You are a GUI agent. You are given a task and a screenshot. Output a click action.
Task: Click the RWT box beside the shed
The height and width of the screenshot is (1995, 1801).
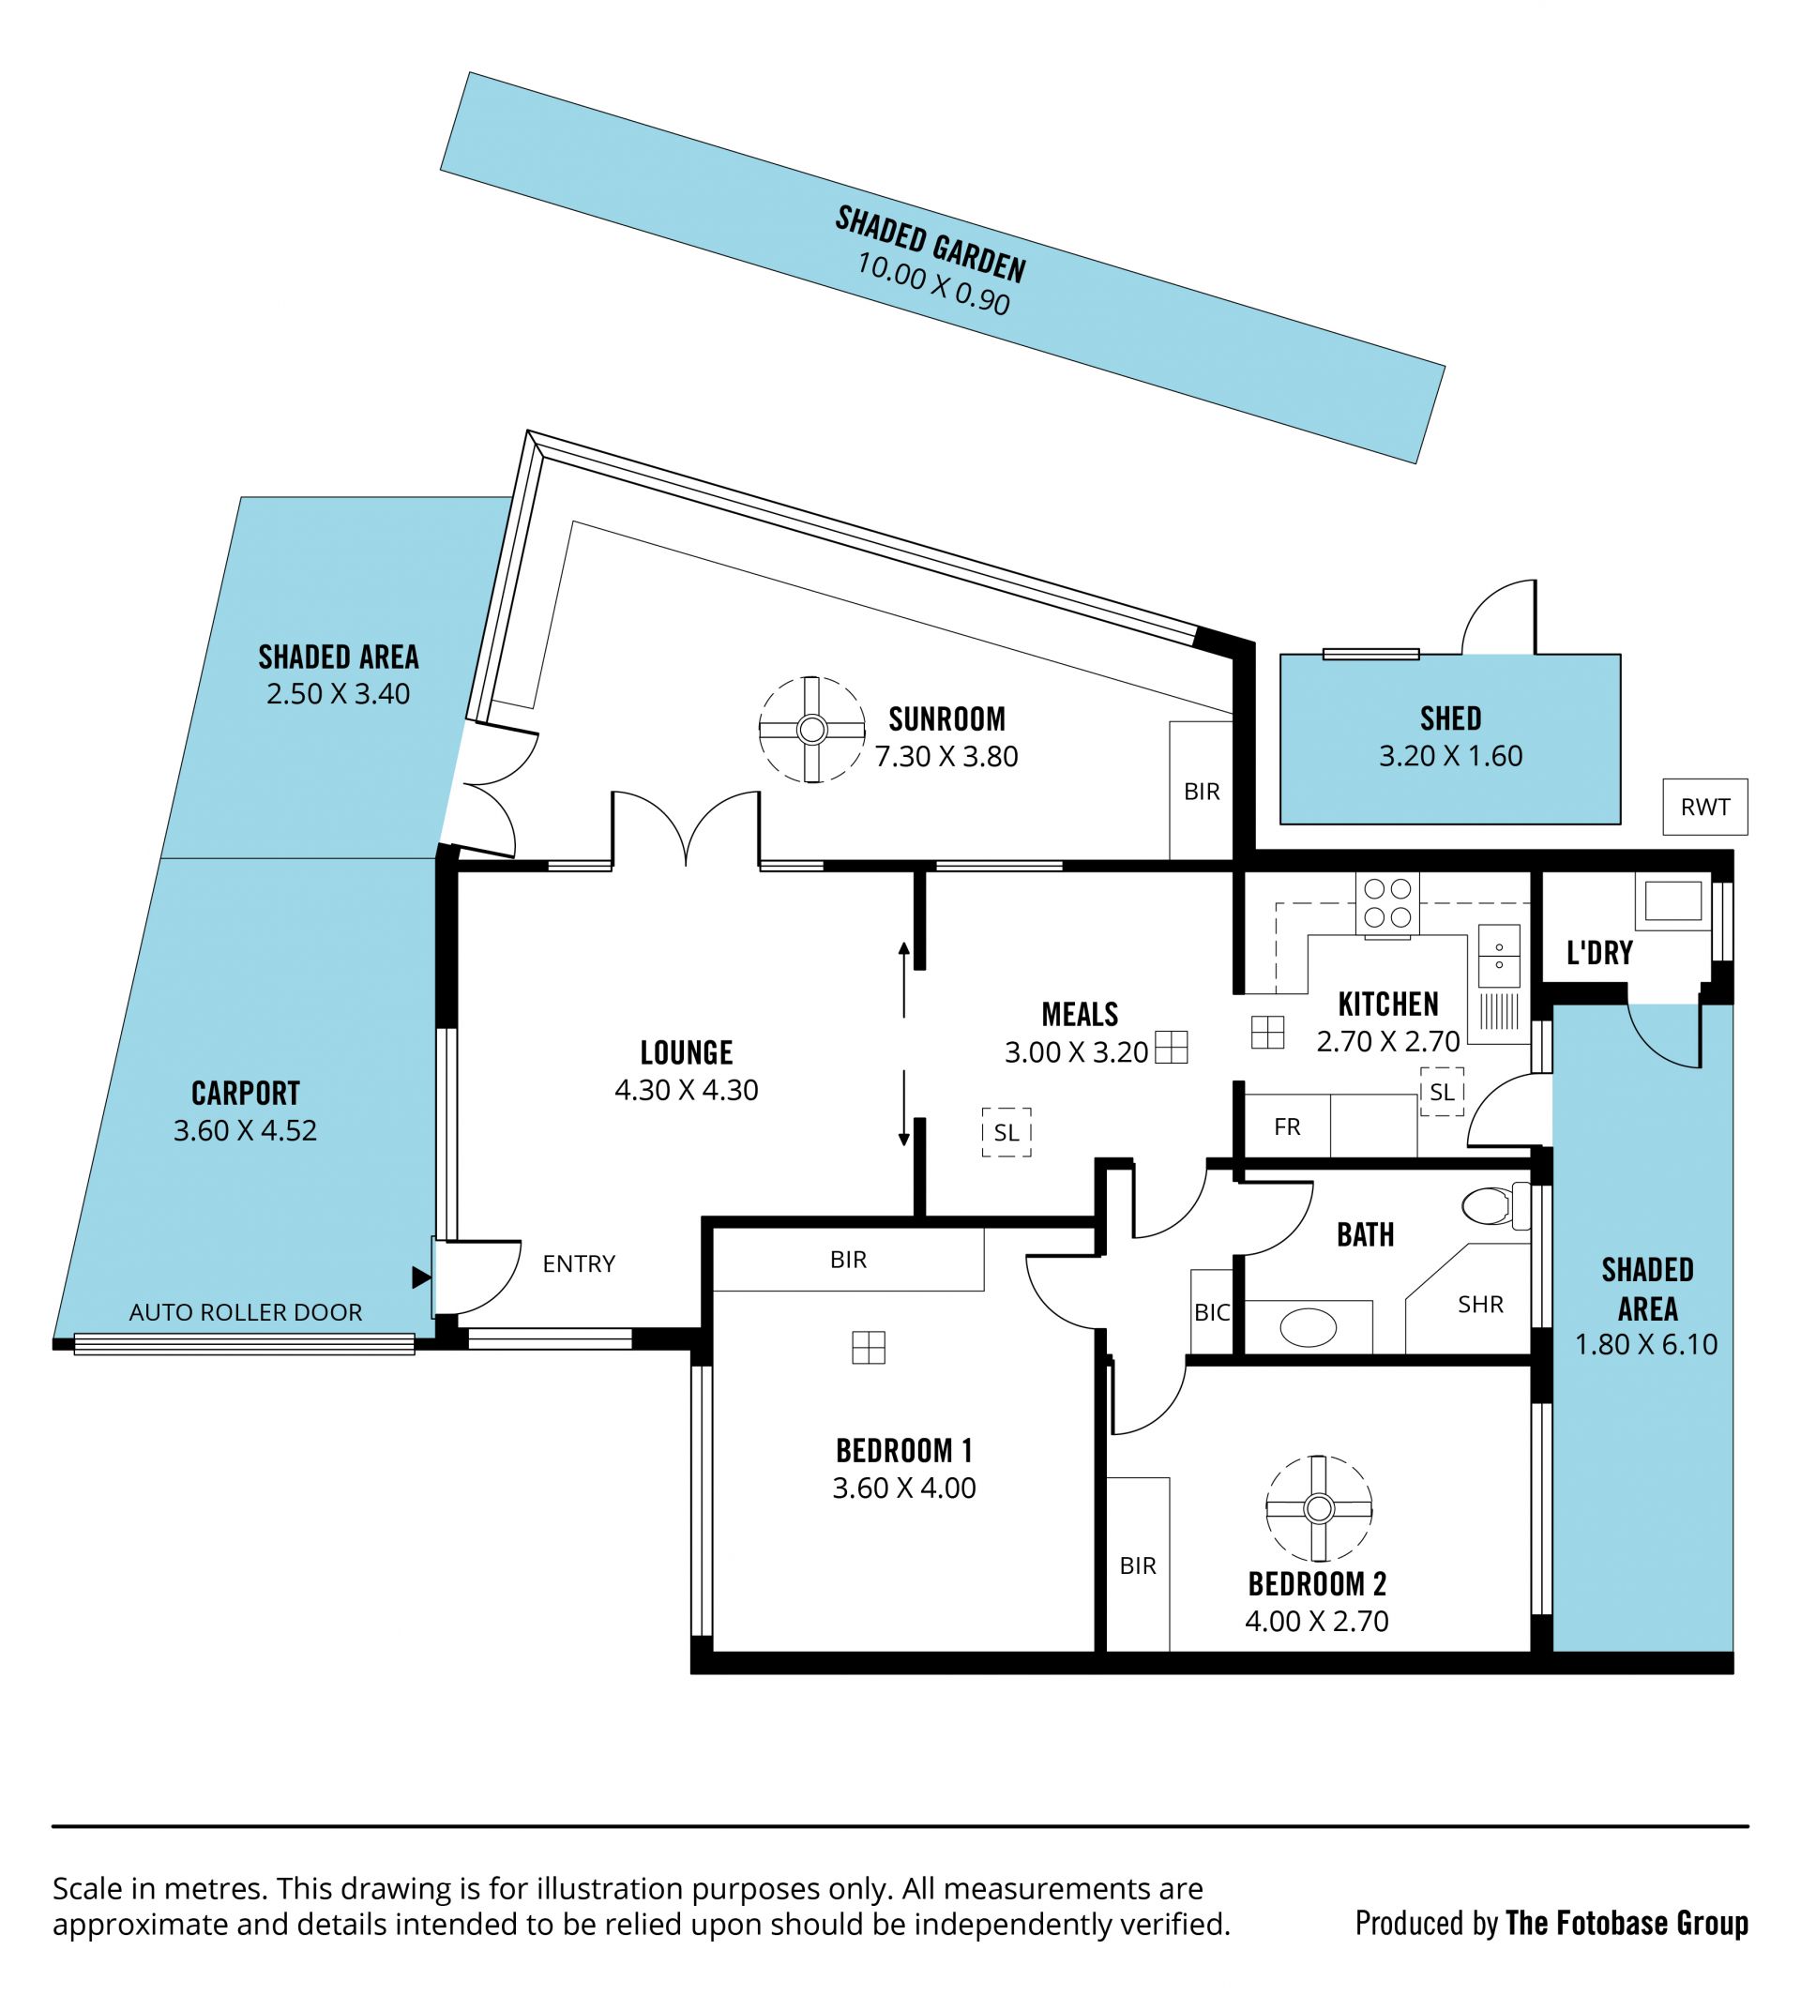coord(1705,807)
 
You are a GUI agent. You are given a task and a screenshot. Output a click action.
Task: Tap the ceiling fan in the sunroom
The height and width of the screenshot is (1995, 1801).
coord(811,731)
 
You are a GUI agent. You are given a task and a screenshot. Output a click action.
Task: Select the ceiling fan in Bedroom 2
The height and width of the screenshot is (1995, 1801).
coord(1318,1509)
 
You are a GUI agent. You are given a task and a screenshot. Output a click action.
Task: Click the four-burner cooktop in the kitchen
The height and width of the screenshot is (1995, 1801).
coord(1387,903)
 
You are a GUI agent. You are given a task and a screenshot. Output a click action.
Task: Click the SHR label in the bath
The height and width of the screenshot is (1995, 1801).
coord(1480,1305)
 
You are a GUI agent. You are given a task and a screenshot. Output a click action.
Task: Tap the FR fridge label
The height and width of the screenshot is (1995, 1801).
coord(1287,1126)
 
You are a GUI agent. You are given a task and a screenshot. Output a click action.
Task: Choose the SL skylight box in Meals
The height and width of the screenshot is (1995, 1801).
coord(1006,1132)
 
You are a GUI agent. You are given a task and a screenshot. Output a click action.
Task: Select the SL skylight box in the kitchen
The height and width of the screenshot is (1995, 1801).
coord(1442,1092)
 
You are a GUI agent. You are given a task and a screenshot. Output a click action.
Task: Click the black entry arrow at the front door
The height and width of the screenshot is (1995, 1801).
coord(421,1277)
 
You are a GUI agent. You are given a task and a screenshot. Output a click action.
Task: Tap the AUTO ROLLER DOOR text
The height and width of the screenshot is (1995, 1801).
coord(246,1312)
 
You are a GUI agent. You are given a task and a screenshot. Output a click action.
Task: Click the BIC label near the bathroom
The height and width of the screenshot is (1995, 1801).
coord(1212,1312)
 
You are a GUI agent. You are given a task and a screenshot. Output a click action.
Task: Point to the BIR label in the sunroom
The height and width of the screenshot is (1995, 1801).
coord(1203,792)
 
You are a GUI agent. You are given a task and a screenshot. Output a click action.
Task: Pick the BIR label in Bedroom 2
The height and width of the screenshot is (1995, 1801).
coord(1138,1565)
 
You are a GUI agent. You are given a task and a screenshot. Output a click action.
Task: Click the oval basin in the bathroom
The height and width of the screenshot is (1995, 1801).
coord(1309,1327)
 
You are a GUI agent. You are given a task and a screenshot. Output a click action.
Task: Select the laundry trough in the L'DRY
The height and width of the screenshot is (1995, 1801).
coord(1673,901)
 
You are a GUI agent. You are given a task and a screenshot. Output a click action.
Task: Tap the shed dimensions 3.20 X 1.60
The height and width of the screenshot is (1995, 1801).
coord(1451,756)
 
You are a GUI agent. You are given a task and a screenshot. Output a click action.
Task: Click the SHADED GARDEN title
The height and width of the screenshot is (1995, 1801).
coord(931,245)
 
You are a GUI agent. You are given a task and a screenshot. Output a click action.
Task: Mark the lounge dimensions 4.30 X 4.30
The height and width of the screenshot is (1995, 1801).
coord(687,1090)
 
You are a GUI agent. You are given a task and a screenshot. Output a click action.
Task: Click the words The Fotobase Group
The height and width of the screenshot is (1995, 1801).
coord(1627,1923)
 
